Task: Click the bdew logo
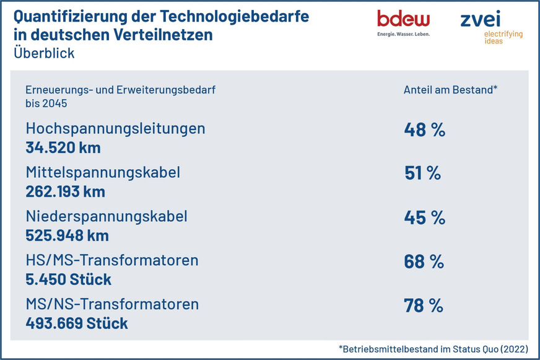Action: click(x=403, y=22)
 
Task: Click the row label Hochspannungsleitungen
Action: click(x=115, y=129)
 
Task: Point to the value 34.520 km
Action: click(x=63, y=147)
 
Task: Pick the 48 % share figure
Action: click(x=424, y=130)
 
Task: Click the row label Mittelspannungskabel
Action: click(x=103, y=173)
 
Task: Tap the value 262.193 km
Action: click(x=65, y=191)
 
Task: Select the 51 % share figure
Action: click(x=422, y=173)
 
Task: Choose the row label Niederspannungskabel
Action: click(x=106, y=217)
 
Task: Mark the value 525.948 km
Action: click(x=67, y=235)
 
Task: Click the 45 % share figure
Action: click(x=424, y=217)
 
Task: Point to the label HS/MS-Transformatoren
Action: click(x=112, y=260)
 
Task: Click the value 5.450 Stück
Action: click(x=68, y=279)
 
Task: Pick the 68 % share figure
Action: click(x=424, y=261)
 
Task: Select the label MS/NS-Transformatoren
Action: click(x=112, y=304)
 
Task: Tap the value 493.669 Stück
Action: click(x=77, y=323)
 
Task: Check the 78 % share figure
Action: click(x=424, y=305)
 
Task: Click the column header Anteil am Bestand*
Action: click(x=450, y=89)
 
